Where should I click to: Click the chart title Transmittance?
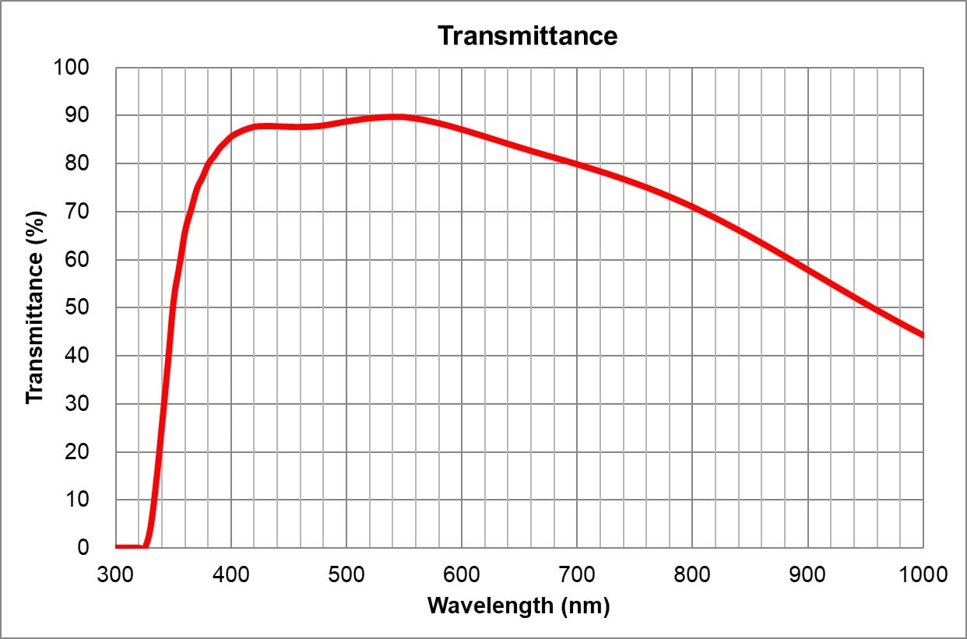(x=527, y=36)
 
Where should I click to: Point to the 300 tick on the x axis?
(x=116, y=575)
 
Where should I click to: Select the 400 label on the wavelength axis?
(x=231, y=575)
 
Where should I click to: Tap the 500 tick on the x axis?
(x=346, y=575)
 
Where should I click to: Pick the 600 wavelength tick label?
(x=462, y=575)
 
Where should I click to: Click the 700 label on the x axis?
(x=577, y=575)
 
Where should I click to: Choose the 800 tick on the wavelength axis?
(x=692, y=575)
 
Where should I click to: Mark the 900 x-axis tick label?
(x=807, y=575)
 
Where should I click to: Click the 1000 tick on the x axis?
(x=922, y=575)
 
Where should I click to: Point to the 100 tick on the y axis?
(x=72, y=68)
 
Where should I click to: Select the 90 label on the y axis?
(x=79, y=116)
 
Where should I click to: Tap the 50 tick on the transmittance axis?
(x=79, y=308)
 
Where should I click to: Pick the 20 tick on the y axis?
(x=79, y=452)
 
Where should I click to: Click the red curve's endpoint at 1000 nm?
(x=922, y=335)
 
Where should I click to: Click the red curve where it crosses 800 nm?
(x=692, y=206)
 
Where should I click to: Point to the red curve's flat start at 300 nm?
(x=118, y=546)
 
